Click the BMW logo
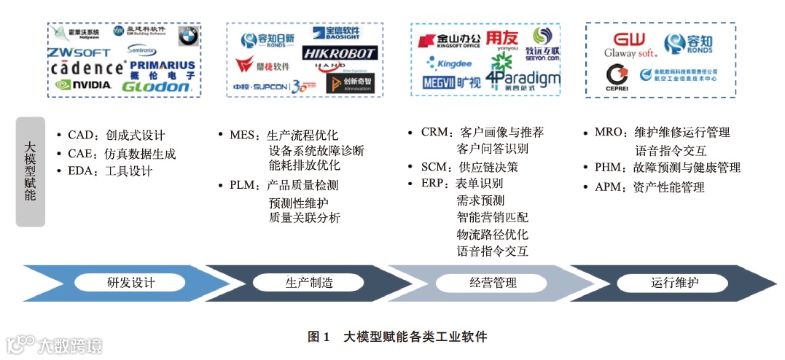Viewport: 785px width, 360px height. (x=188, y=36)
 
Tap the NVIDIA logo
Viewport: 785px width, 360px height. (x=84, y=85)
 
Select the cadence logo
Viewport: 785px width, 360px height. (x=87, y=69)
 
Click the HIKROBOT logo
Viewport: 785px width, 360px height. (x=340, y=53)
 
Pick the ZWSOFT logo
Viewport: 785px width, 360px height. (x=79, y=52)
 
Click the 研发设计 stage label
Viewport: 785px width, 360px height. (x=130, y=283)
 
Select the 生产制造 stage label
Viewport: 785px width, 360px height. (x=304, y=283)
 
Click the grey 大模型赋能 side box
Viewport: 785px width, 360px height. (x=30, y=172)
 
